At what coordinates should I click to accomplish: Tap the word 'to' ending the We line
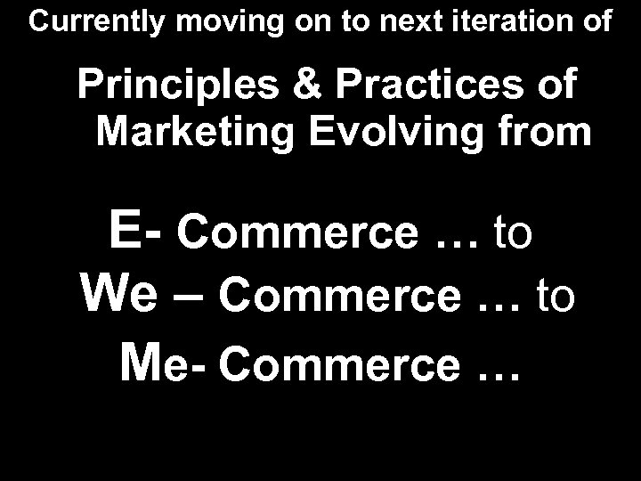pyautogui.click(x=556, y=298)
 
